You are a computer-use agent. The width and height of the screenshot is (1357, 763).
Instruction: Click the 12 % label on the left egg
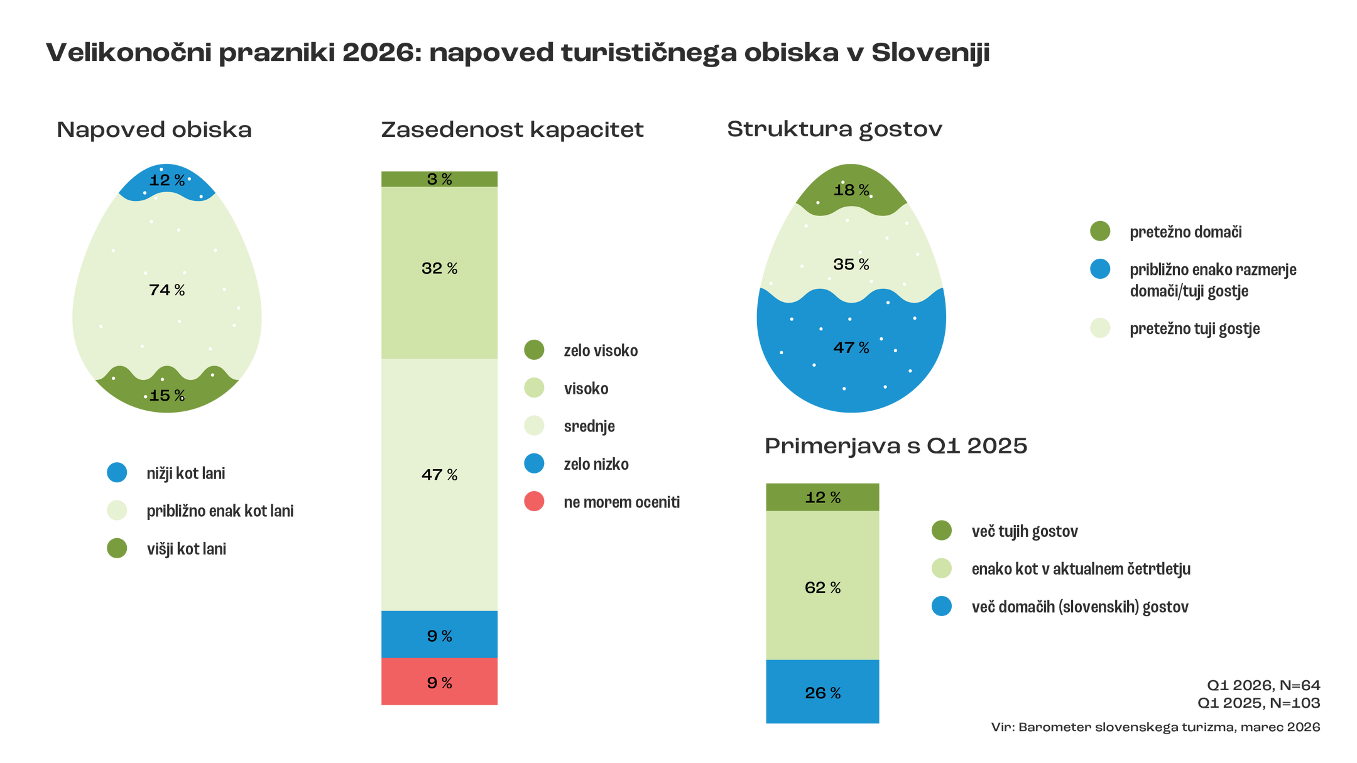point(166,181)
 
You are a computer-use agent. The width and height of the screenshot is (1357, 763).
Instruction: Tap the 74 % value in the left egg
point(166,290)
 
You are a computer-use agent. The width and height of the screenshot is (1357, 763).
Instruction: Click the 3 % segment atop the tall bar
point(439,179)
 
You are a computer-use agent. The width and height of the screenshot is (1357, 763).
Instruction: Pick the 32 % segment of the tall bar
point(439,269)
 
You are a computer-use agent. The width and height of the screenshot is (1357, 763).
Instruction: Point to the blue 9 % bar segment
point(439,636)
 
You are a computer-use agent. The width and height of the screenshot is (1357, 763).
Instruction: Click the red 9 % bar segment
point(439,683)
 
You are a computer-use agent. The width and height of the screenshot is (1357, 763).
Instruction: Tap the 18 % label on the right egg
point(851,190)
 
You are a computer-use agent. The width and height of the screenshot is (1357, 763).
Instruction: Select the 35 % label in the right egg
point(851,264)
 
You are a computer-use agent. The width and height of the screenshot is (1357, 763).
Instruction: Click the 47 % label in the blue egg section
point(851,348)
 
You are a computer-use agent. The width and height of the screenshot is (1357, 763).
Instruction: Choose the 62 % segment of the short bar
point(822,587)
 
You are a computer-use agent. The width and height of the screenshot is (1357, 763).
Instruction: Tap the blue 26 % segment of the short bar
point(822,693)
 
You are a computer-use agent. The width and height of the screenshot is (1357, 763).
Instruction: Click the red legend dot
point(534,501)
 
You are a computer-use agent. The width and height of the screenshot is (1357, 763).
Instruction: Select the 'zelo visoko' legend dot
point(534,350)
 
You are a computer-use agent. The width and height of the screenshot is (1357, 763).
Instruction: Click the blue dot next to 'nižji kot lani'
point(117,472)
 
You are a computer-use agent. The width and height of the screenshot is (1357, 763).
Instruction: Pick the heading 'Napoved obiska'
point(155,129)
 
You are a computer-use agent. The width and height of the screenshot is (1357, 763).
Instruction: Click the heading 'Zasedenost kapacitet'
point(512,129)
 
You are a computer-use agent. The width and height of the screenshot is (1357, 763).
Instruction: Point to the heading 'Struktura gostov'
point(834,129)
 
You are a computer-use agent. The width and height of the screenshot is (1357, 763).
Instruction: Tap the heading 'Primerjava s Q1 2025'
point(896,446)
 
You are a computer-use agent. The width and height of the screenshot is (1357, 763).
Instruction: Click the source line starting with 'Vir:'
point(1155,727)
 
